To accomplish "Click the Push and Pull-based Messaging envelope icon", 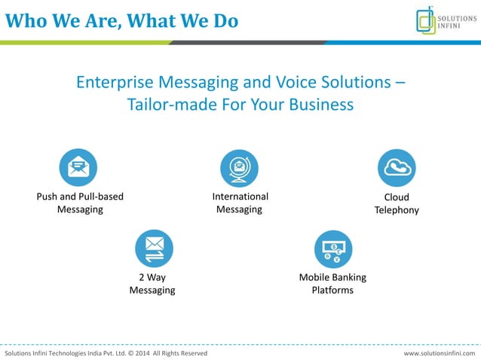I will [x=78, y=168].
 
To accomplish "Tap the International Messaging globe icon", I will [x=239, y=168].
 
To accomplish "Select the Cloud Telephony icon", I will [x=397, y=168].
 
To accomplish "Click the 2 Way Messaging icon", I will [x=154, y=249].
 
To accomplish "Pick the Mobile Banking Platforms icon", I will [x=332, y=249].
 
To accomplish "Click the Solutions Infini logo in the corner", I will [x=446, y=20].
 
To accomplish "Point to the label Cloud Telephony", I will [x=397, y=204].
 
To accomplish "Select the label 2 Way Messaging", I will [x=152, y=284].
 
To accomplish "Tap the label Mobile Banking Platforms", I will [x=332, y=284].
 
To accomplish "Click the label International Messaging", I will [x=240, y=203].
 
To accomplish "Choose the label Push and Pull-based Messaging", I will [x=80, y=203].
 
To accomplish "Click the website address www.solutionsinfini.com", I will [x=440, y=353].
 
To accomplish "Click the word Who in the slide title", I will [x=25, y=20].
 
